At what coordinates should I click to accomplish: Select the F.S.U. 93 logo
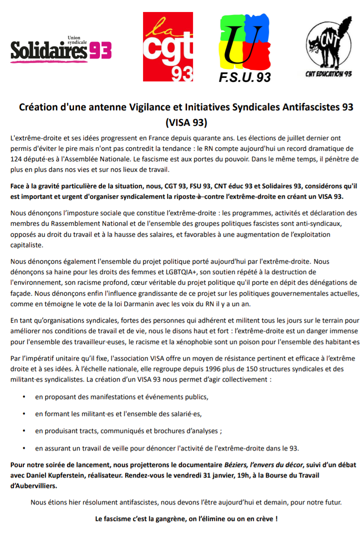(245, 48)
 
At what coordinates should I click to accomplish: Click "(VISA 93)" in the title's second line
(186, 121)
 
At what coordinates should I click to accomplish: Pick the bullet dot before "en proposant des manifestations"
(24, 397)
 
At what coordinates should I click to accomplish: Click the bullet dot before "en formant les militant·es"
(24, 414)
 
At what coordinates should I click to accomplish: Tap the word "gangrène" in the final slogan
(173, 519)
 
